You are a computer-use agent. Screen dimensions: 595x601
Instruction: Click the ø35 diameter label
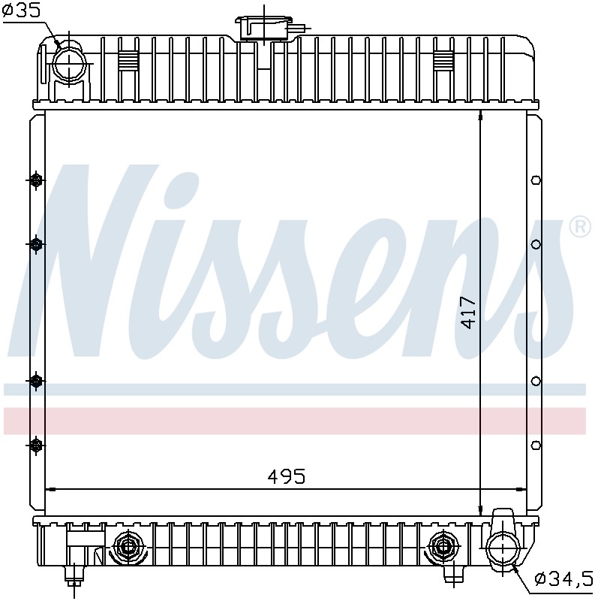(x=21, y=11)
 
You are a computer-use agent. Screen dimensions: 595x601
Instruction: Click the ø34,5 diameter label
(x=564, y=578)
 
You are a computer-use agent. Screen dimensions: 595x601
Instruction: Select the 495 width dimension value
(x=287, y=477)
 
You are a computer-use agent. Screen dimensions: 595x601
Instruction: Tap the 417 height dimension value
(x=468, y=313)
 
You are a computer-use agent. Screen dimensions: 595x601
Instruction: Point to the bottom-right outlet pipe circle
(x=503, y=548)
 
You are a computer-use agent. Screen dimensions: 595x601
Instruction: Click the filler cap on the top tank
(x=264, y=28)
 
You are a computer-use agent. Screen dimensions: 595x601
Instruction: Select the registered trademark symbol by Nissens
(x=580, y=227)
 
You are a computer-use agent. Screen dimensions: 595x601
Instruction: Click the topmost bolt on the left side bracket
(x=36, y=180)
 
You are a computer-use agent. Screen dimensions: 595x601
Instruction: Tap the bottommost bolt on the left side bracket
(x=36, y=445)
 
